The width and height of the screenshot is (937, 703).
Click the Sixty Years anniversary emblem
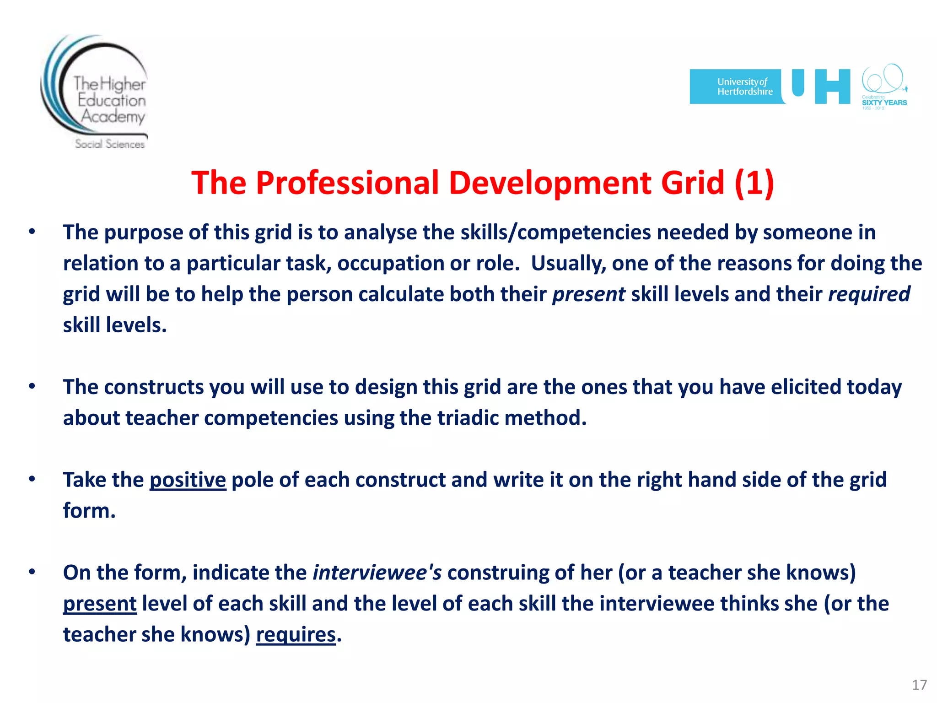(x=884, y=87)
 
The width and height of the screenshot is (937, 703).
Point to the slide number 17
(x=919, y=685)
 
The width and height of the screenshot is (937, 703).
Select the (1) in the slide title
(x=754, y=183)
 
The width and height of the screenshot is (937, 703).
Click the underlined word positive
(x=188, y=480)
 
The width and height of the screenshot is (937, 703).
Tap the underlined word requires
(x=296, y=635)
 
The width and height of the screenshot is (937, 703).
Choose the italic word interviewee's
(x=377, y=573)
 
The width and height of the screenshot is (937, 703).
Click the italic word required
(x=869, y=294)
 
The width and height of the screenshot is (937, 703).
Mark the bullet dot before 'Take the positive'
(x=32, y=479)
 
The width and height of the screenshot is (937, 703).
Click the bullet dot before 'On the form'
(x=32, y=572)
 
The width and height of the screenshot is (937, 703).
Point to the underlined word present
(x=100, y=604)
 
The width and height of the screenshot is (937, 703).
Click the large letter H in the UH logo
(x=832, y=87)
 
